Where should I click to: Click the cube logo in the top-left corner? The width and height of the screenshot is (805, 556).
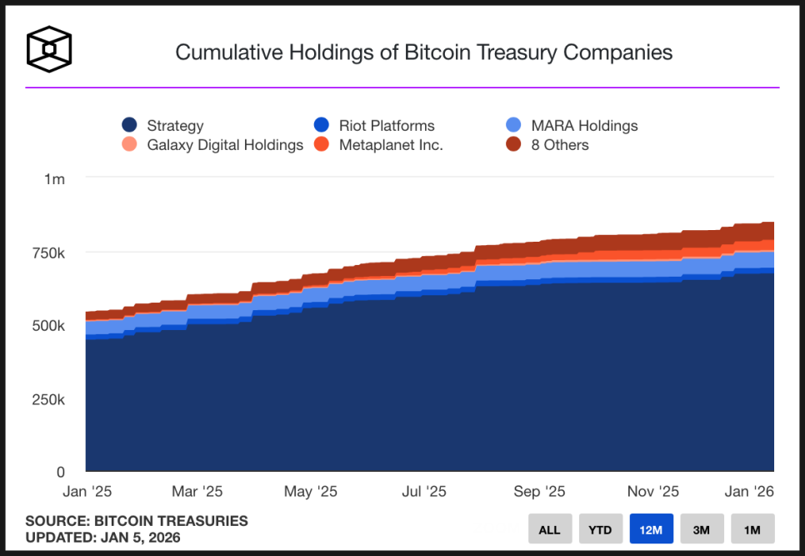tap(49, 50)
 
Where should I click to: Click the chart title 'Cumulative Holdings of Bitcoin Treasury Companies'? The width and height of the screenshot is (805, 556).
tap(423, 52)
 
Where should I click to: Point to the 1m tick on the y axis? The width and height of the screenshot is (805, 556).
tap(54, 179)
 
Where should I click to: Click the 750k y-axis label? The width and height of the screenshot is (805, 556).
tap(49, 253)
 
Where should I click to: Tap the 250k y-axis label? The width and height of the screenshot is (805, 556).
tap(49, 399)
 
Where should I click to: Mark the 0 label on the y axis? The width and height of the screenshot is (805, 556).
tap(59, 472)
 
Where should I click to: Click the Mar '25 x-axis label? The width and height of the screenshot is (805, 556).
tap(197, 492)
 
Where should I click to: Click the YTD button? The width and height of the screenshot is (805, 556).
tap(600, 529)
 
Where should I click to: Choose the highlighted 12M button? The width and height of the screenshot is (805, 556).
tap(651, 529)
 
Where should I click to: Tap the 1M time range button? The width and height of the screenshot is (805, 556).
tap(752, 529)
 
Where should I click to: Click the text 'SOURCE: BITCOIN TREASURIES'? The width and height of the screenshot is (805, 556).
tap(137, 521)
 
